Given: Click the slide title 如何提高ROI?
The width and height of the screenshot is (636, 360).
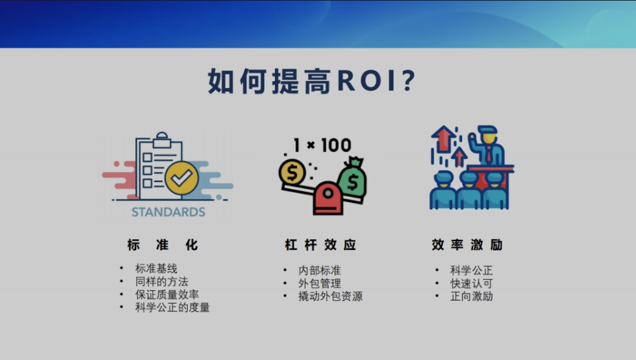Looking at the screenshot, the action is [x=312, y=81].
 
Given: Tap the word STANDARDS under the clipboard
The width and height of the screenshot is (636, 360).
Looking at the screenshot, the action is [x=168, y=212].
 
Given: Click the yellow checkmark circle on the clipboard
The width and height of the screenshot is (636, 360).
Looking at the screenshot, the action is [x=181, y=178].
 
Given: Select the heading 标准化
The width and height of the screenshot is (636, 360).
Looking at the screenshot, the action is [x=162, y=245].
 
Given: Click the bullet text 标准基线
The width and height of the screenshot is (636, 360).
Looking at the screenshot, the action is [x=156, y=268].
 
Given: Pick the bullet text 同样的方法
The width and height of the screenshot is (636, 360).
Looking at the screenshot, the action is [x=161, y=282].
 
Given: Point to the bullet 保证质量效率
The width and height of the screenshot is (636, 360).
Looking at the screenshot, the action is [x=167, y=294].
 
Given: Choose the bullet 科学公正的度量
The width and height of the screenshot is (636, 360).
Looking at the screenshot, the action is [x=173, y=307].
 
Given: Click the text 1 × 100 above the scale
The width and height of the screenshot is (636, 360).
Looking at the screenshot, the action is [x=322, y=145].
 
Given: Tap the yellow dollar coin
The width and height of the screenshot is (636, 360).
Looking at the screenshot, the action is [x=292, y=173].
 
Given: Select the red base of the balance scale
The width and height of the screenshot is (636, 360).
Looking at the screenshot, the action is [x=327, y=199].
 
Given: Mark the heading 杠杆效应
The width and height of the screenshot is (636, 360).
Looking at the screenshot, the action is [x=321, y=245].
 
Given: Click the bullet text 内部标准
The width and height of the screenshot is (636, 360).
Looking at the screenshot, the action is [x=320, y=270].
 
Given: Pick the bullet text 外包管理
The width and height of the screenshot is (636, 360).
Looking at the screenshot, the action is [x=320, y=283].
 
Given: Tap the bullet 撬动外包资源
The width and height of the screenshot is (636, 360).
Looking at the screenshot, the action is [x=330, y=296].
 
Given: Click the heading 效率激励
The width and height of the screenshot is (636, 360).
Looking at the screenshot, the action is [x=467, y=245].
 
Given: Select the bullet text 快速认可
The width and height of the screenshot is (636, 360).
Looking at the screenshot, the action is [x=472, y=283].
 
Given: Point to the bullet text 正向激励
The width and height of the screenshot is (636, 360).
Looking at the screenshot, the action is [x=472, y=296].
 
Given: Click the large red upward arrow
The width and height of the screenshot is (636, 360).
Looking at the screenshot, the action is [x=443, y=139].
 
